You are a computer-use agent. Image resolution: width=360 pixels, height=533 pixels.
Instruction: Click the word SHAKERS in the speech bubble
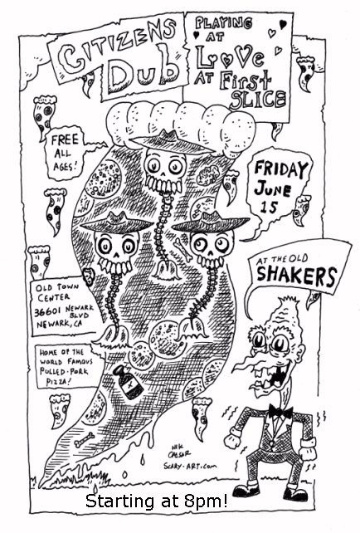297,276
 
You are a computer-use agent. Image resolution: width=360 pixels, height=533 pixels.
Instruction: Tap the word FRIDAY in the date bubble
281,169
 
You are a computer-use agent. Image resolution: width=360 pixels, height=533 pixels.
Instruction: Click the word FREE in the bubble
65,139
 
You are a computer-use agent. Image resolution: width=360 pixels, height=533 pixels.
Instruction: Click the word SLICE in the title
258,99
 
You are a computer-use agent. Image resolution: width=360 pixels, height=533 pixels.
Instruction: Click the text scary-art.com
190,467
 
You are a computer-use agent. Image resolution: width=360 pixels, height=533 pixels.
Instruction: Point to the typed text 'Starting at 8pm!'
157,501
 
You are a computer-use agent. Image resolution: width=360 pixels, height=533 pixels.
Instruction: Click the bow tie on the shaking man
280,411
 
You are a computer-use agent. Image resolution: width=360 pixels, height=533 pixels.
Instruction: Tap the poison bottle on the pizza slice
129,382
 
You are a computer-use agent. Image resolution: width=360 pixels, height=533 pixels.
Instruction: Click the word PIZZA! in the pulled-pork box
59,382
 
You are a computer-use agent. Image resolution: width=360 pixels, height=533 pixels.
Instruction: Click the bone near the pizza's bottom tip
85,439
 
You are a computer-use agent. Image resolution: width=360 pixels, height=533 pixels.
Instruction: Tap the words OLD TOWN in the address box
57,288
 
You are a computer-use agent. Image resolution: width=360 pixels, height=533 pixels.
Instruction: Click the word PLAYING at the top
223,23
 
